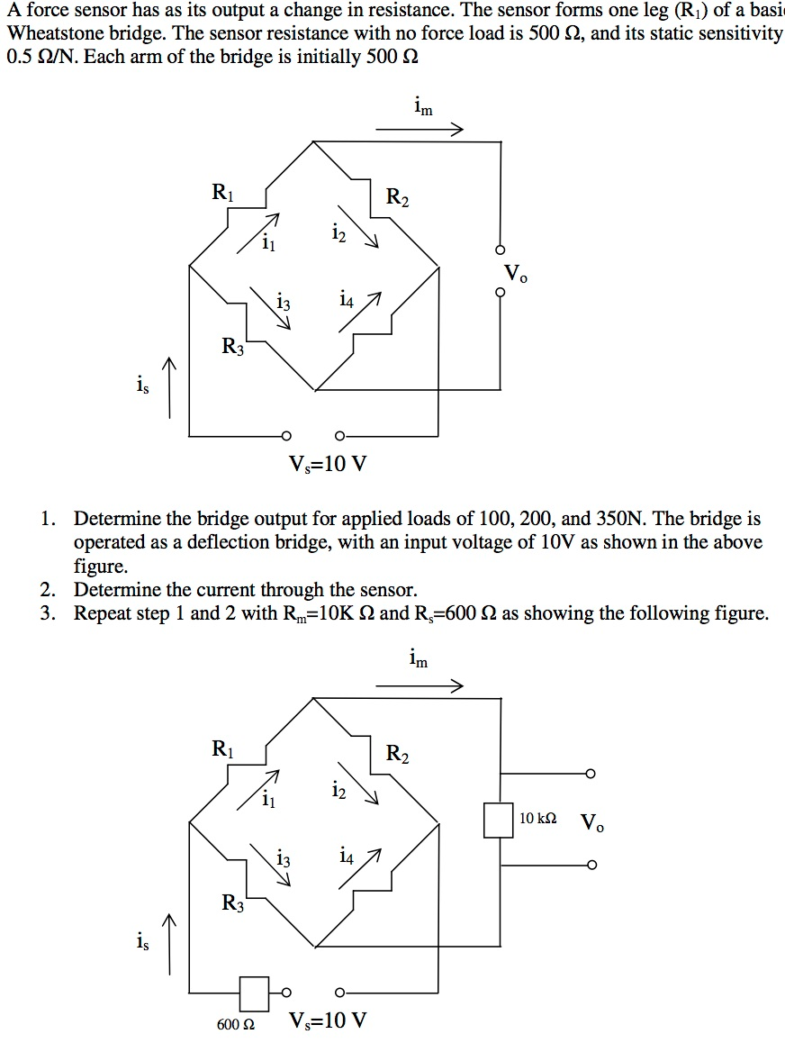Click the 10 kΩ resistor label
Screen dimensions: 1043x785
[538, 819]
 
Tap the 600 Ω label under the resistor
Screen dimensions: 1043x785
[236, 1025]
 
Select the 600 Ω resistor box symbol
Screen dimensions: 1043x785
[254, 993]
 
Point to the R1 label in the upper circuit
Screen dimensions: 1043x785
[221, 191]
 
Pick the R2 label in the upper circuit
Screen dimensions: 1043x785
[396, 196]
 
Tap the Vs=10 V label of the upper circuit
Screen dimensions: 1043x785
[328, 465]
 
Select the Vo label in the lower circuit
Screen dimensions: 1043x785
[592, 822]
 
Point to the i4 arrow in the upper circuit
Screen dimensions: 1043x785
[360, 312]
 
